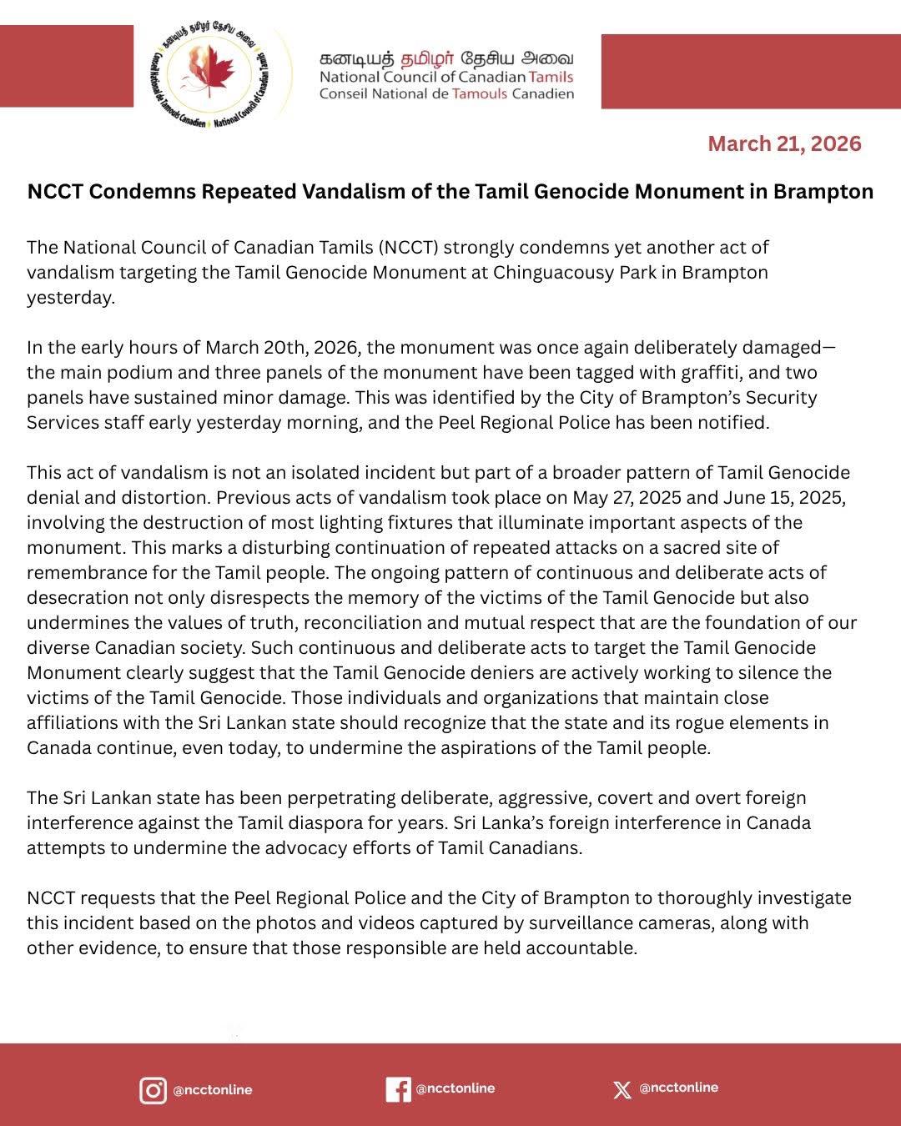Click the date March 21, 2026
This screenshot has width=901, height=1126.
point(784,143)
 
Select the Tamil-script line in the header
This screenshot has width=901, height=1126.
point(446,58)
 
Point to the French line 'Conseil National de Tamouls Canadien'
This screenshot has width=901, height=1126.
point(446,93)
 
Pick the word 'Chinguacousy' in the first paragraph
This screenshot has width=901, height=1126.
point(546,272)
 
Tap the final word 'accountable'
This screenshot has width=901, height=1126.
point(585,948)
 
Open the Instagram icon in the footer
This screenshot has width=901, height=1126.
point(153,1090)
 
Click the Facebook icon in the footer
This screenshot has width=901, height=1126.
point(398,1089)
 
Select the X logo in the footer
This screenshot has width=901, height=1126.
point(622,1089)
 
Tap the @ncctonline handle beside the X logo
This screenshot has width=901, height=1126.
point(678,1088)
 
